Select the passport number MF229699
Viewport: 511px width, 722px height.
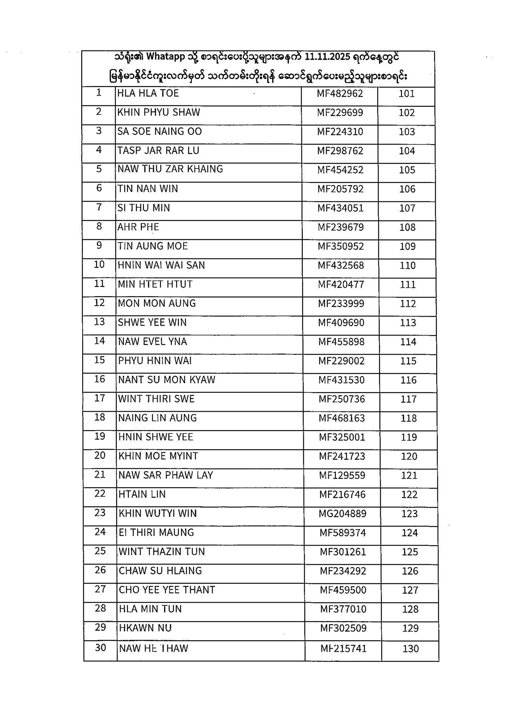click(340, 112)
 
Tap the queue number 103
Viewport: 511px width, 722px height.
click(407, 132)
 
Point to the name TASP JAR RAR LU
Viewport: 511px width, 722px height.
click(158, 151)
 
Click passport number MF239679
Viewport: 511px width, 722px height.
click(341, 227)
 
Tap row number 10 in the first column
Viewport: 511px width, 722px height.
click(99, 264)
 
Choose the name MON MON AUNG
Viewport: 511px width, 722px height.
click(157, 303)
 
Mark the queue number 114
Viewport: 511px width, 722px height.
click(408, 342)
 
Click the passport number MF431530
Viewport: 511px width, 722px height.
click(342, 380)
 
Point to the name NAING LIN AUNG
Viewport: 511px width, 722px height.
click(157, 418)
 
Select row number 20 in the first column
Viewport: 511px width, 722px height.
click(100, 455)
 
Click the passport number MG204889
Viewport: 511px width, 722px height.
click(342, 514)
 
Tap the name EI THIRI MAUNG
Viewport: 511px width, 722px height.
click(156, 532)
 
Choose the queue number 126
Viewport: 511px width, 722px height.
click(410, 571)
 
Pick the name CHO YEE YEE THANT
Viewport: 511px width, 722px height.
click(167, 590)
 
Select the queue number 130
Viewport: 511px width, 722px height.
click(410, 649)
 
